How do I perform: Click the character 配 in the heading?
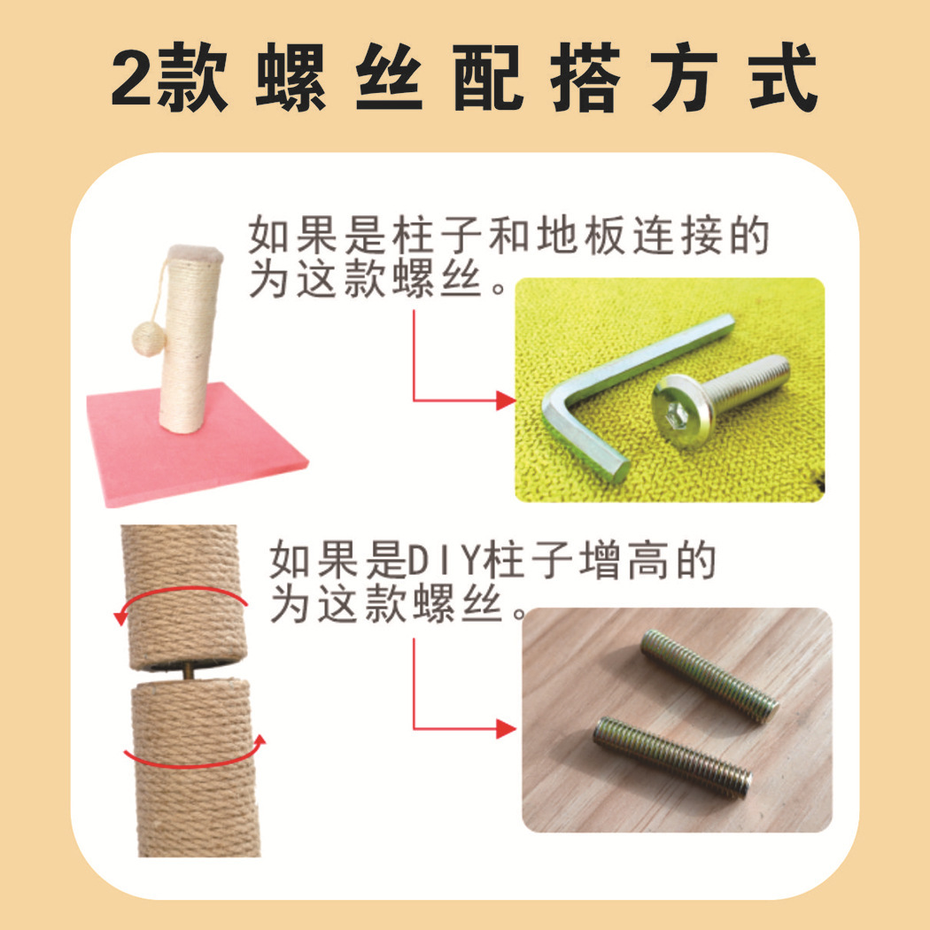coord(487,77)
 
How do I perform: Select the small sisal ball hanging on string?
coord(148,338)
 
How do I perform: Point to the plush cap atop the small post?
coord(195,255)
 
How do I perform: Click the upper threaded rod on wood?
coord(709,676)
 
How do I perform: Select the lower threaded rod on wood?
coord(672,757)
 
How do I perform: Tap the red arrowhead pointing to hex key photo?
coord(506,400)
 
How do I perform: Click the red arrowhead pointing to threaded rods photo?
coord(506,728)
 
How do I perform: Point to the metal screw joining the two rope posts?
coord(188,673)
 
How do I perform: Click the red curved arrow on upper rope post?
coord(178,590)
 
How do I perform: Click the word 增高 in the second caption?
coord(623,561)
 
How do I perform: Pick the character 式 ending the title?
coord(783,77)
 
